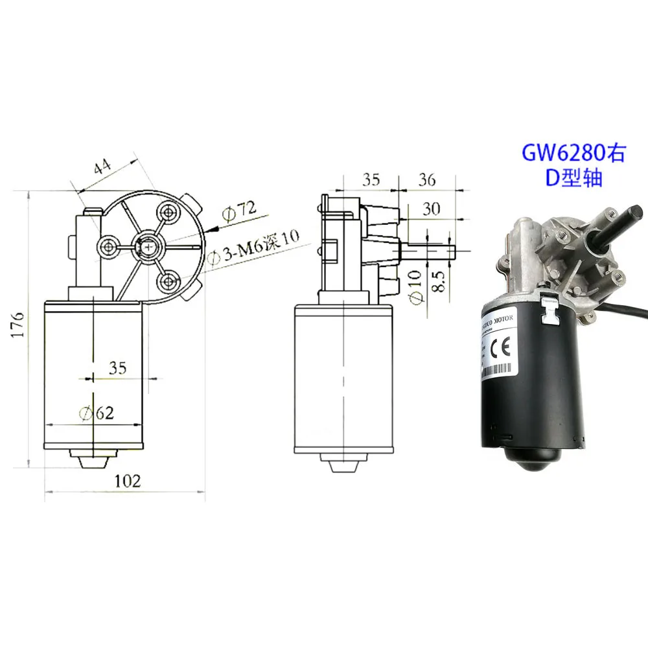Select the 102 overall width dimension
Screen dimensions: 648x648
(x=127, y=481)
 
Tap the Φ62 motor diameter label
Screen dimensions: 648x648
(x=96, y=413)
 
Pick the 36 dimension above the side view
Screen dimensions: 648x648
(x=427, y=180)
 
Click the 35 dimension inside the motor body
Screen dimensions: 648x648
(x=117, y=368)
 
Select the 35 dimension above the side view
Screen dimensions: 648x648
(x=371, y=180)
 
